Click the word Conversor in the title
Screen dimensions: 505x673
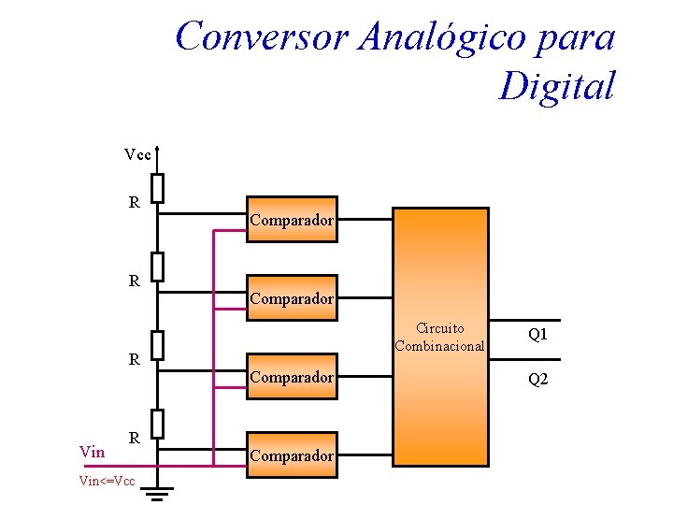click(x=262, y=37)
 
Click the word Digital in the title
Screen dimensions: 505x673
click(x=557, y=86)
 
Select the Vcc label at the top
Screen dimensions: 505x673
click(x=137, y=154)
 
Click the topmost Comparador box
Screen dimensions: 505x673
click(x=291, y=221)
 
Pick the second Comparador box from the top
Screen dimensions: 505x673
click(x=291, y=299)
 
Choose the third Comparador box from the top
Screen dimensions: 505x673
click(x=291, y=378)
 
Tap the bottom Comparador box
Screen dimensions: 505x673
click(x=291, y=455)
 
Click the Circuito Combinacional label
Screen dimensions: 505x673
click(x=439, y=338)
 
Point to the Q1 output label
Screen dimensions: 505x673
click(x=537, y=334)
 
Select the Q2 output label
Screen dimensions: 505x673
click(x=537, y=379)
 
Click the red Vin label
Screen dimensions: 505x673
click(x=92, y=453)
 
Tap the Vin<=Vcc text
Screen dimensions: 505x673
click(x=107, y=482)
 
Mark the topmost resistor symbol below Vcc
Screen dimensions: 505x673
click(x=158, y=188)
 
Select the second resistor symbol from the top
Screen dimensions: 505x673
click(x=158, y=267)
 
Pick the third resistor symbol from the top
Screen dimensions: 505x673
click(x=158, y=345)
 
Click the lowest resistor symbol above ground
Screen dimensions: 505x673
click(x=158, y=424)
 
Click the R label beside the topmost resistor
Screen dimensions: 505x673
click(x=135, y=201)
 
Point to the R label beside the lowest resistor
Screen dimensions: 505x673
click(x=135, y=437)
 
